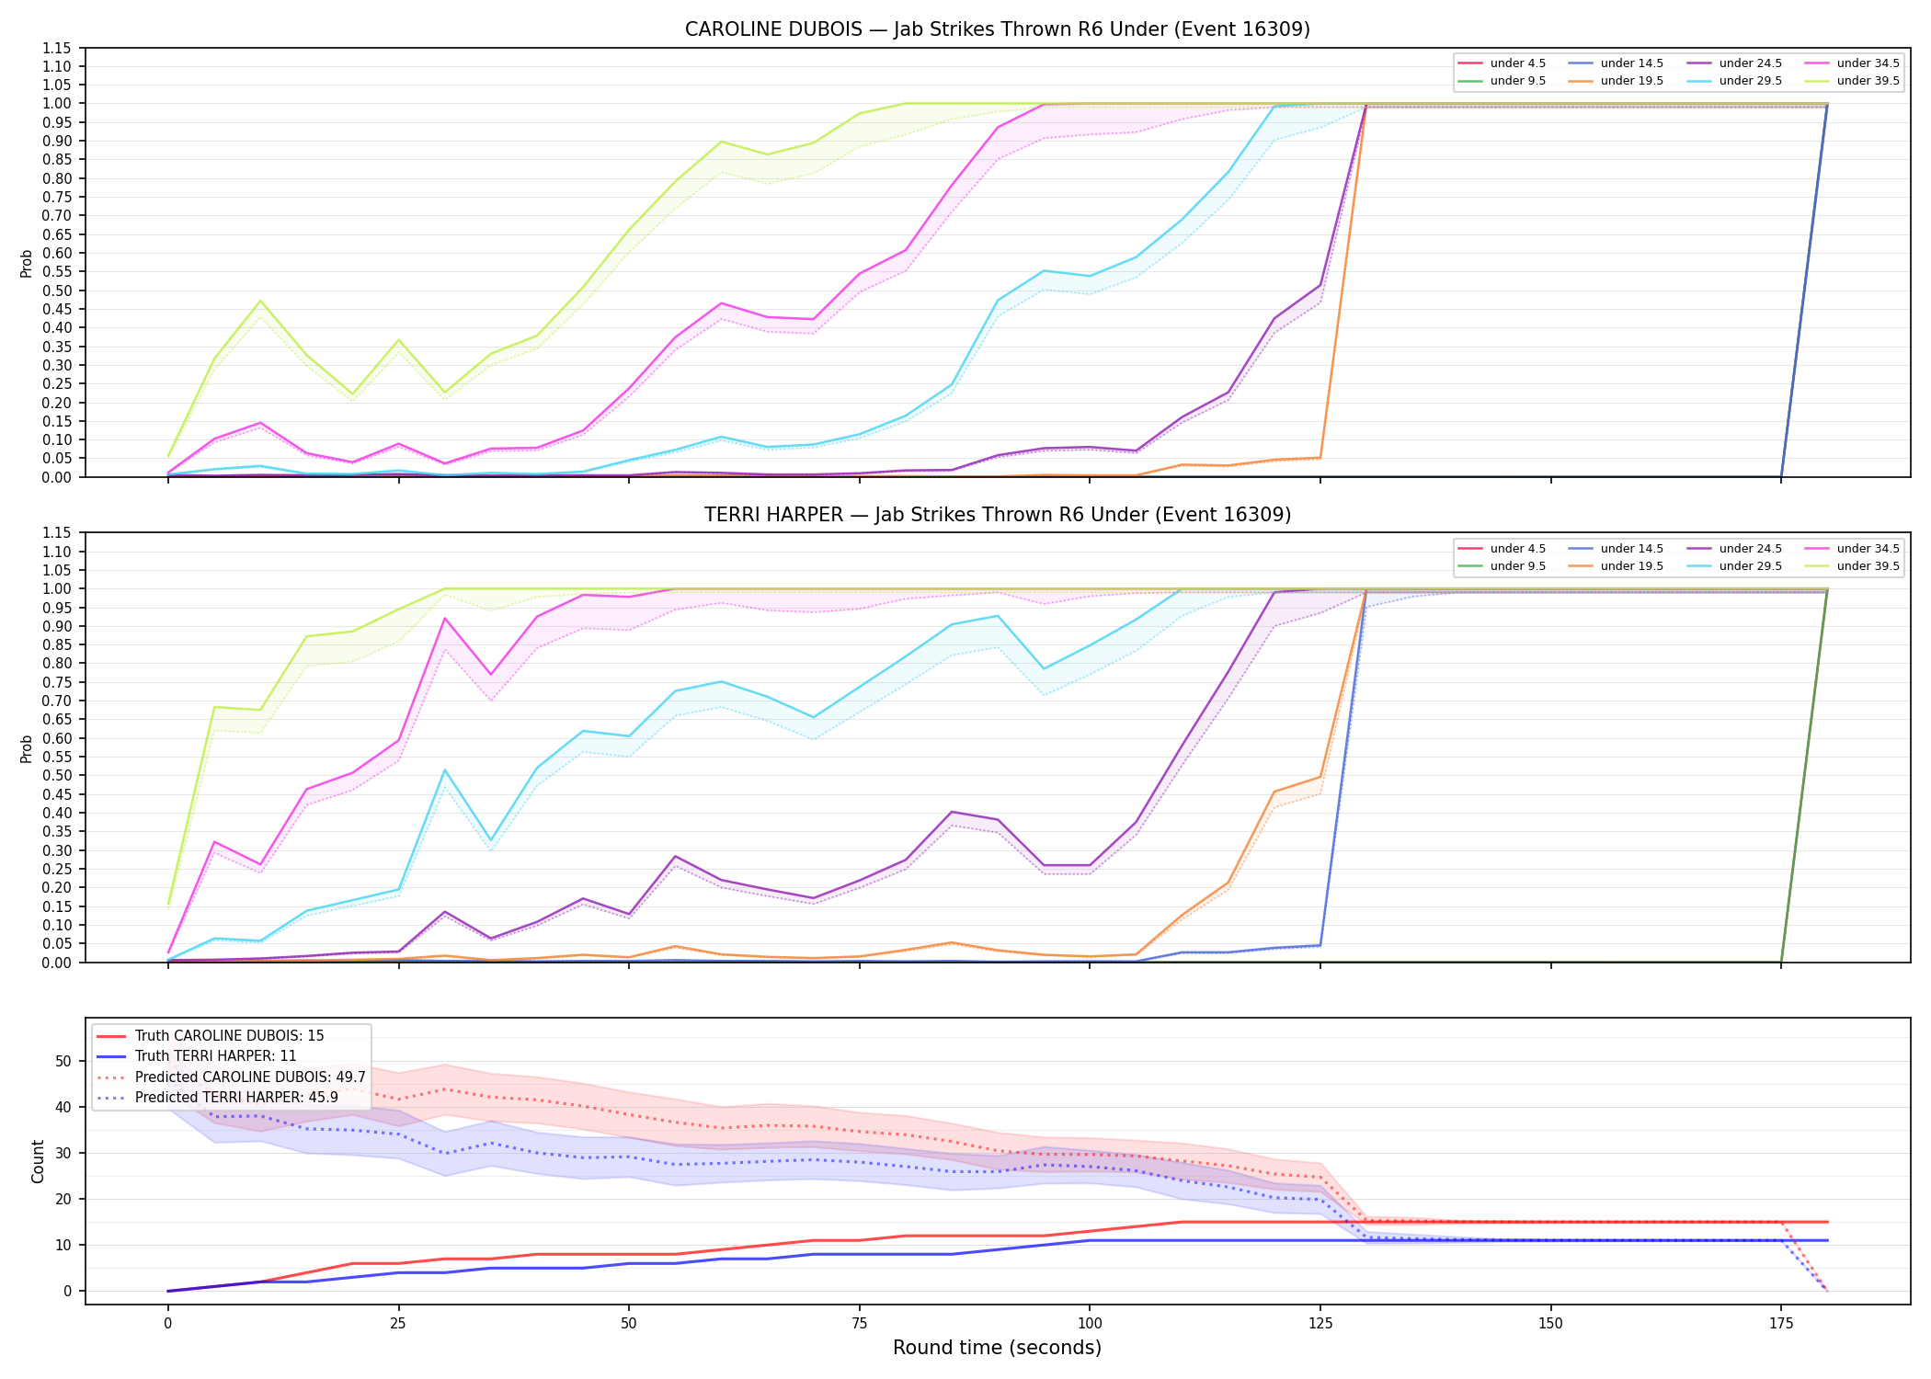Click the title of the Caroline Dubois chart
pos(998,29)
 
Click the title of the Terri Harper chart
pos(998,515)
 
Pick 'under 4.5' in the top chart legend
pos(1517,63)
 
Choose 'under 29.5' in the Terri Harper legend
pos(1750,566)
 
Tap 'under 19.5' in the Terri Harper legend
pos(1631,566)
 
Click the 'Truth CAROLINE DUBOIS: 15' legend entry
pos(229,1036)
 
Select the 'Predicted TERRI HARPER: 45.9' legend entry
pos(236,1098)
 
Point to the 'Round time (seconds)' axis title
pos(997,1348)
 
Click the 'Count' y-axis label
pos(38,1161)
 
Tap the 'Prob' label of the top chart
pos(27,263)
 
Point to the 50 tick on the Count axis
pos(63,1061)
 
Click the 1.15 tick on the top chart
pos(57,48)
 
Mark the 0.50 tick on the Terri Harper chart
pos(57,775)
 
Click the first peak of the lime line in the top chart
pos(260,301)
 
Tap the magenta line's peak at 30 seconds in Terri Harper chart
pos(445,618)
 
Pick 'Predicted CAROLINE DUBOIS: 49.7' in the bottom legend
pos(250,1077)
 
